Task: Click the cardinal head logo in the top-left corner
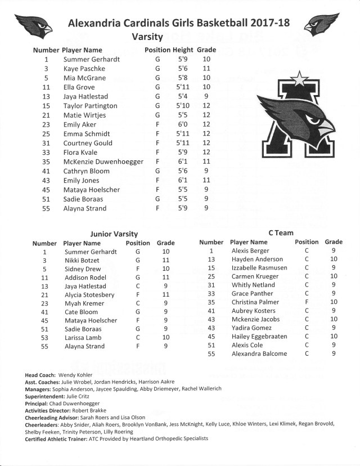point(34,23)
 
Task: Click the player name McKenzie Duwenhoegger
point(103,162)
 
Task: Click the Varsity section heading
point(147,37)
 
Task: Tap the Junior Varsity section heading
point(114,233)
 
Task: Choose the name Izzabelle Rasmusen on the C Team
point(259,268)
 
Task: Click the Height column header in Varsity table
point(183,50)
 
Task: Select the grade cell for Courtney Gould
point(206,143)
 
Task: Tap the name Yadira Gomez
point(251,328)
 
